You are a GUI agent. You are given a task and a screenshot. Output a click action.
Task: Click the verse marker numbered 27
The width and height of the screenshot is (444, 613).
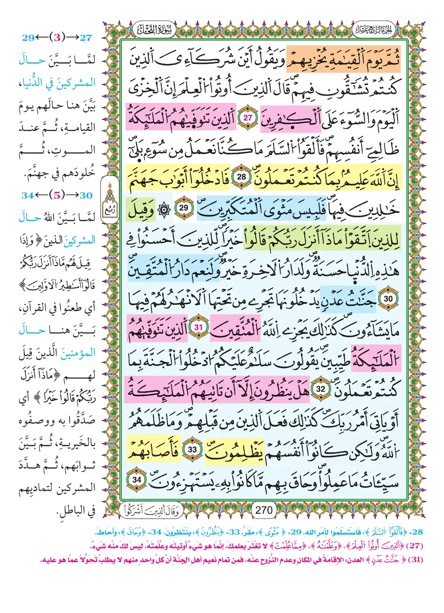coord(248,118)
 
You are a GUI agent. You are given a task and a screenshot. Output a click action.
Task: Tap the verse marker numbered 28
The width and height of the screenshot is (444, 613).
coord(241,177)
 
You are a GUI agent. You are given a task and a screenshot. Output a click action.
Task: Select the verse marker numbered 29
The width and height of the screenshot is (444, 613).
coord(184,207)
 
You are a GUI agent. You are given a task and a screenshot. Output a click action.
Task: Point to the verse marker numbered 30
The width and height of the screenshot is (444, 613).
coord(388,299)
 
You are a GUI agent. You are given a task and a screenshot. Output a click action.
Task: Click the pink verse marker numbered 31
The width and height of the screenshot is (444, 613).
coord(199,327)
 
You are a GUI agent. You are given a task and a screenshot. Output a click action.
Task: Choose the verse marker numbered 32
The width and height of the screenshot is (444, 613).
coord(320,389)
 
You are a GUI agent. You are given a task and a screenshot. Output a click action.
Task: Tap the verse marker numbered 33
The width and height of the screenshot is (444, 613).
coord(192,449)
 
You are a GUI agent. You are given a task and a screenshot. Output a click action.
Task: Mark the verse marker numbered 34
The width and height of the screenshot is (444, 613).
coord(137,480)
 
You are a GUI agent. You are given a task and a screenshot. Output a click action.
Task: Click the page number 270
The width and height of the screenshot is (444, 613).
coord(264,510)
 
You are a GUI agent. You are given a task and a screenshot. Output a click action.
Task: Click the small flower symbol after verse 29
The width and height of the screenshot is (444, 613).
coord(164,208)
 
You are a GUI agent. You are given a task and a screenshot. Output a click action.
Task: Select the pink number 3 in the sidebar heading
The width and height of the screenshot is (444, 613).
coord(57,38)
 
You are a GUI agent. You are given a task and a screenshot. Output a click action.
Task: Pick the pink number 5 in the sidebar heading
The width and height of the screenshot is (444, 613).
coord(57,195)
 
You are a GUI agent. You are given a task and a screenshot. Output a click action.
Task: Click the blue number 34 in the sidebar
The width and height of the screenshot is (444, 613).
coord(28,195)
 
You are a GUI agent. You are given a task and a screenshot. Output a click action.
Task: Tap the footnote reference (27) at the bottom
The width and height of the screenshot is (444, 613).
coord(414,545)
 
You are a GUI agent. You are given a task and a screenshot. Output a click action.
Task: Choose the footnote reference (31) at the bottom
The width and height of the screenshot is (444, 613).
coord(414,560)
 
